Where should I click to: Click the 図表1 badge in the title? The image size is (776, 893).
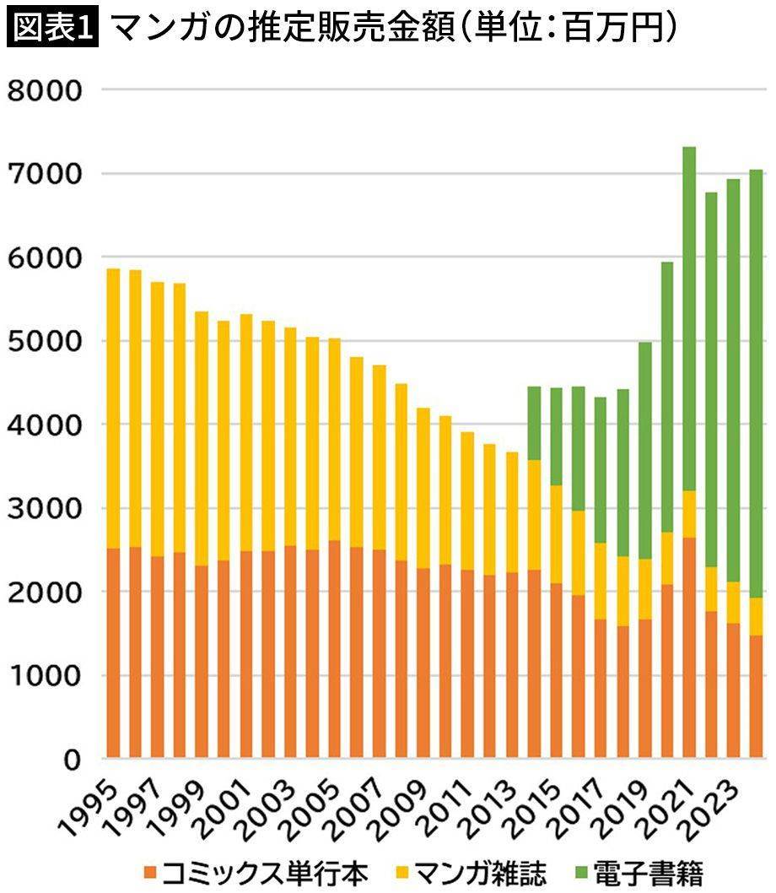53,29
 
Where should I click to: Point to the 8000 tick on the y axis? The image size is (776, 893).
44,90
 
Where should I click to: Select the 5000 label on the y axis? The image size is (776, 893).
44,341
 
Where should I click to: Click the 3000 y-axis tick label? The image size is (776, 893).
44,508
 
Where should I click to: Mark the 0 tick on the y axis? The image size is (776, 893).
71,760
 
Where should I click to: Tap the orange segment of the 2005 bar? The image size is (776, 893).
334,649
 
